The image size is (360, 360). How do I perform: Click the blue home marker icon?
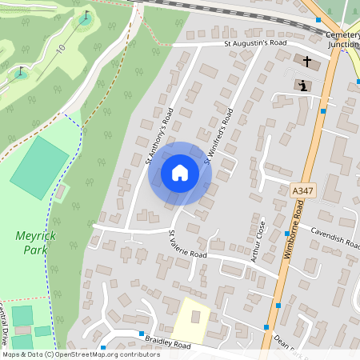coord(180,173)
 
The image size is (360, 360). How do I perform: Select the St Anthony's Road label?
coord(160,136)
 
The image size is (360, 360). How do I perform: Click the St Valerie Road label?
coord(187,245)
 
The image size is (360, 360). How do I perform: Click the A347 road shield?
coord(303,190)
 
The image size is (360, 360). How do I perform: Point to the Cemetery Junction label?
coord(342,40)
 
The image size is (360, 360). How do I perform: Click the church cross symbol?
coord(306,62)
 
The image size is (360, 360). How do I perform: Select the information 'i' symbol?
coord(303,85)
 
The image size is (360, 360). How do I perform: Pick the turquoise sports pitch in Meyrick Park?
coord(39,168)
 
